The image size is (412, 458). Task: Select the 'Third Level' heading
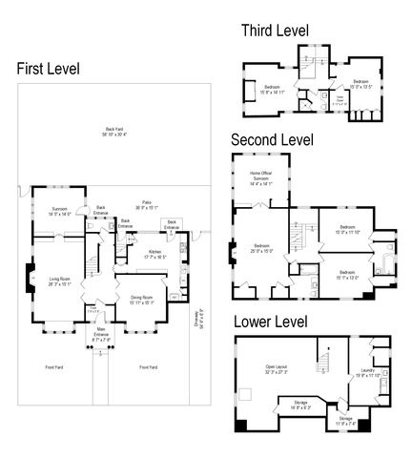tap(275, 31)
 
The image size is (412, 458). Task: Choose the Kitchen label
tap(154, 254)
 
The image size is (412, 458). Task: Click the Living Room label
tap(59, 280)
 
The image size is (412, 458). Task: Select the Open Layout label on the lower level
tap(277, 369)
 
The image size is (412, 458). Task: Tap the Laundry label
tap(367, 373)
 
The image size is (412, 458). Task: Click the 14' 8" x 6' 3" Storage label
tap(301, 405)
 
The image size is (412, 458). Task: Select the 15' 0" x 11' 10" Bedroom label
tap(345, 230)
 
